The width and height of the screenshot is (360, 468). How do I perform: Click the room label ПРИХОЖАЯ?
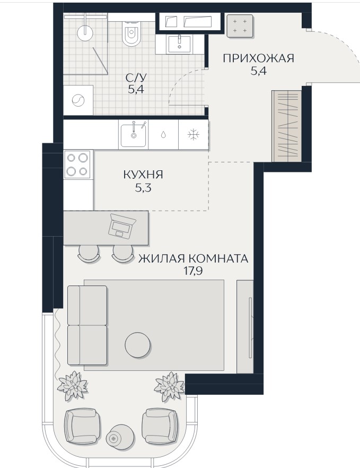(x=259, y=58)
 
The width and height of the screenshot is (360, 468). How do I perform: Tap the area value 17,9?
(x=194, y=271)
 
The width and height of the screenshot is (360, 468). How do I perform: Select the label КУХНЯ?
(x=143, y=175)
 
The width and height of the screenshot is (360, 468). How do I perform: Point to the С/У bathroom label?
(x=136, y=78)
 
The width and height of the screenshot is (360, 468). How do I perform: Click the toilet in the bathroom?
(x=130, y=33)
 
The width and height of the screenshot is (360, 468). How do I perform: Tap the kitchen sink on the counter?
(x=133, y=135)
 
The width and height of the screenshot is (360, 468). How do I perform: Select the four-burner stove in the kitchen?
(x=77, y=164)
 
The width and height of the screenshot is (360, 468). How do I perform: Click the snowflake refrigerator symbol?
(x=194, y=135)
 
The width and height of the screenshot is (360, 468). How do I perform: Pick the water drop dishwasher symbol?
(x=163, y=135)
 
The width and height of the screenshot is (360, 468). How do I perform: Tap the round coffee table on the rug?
(x=137, y=345)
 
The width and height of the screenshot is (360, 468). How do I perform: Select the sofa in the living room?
(x=87, y=325)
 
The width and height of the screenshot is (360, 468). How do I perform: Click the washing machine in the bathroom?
(x=78, y=100)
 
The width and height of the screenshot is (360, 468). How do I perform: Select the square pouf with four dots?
(x=240, y=26)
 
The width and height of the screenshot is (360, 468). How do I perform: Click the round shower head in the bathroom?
(x=85, y=32)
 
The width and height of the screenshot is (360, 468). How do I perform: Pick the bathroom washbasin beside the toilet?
(x=179, y=45)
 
